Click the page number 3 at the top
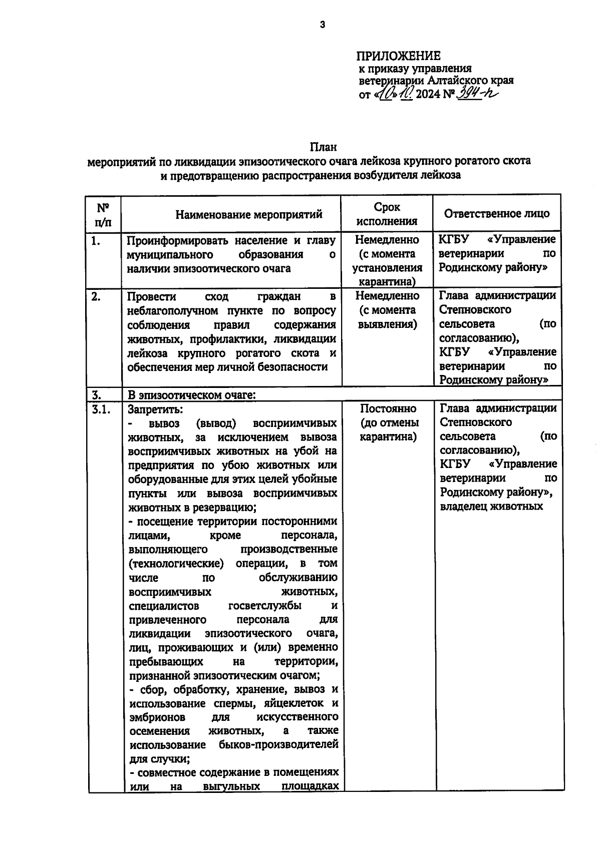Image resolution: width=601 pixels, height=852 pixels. tap(323, 24)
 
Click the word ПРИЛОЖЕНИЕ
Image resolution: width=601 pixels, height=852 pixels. tap(399, 56)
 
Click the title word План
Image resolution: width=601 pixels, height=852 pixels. tap(323, 147)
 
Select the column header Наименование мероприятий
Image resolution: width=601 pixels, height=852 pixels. tap(249, 215)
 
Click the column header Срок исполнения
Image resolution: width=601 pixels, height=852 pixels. tap(387, 214)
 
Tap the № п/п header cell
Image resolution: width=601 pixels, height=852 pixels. tap(103, 214)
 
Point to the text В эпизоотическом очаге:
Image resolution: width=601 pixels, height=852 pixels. tap(192, 394)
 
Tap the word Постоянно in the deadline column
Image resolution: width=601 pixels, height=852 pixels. tap(388, 408)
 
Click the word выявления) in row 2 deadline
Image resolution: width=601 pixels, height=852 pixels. tap(388, 324)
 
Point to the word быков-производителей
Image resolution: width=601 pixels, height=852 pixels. tap(278, 744)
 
